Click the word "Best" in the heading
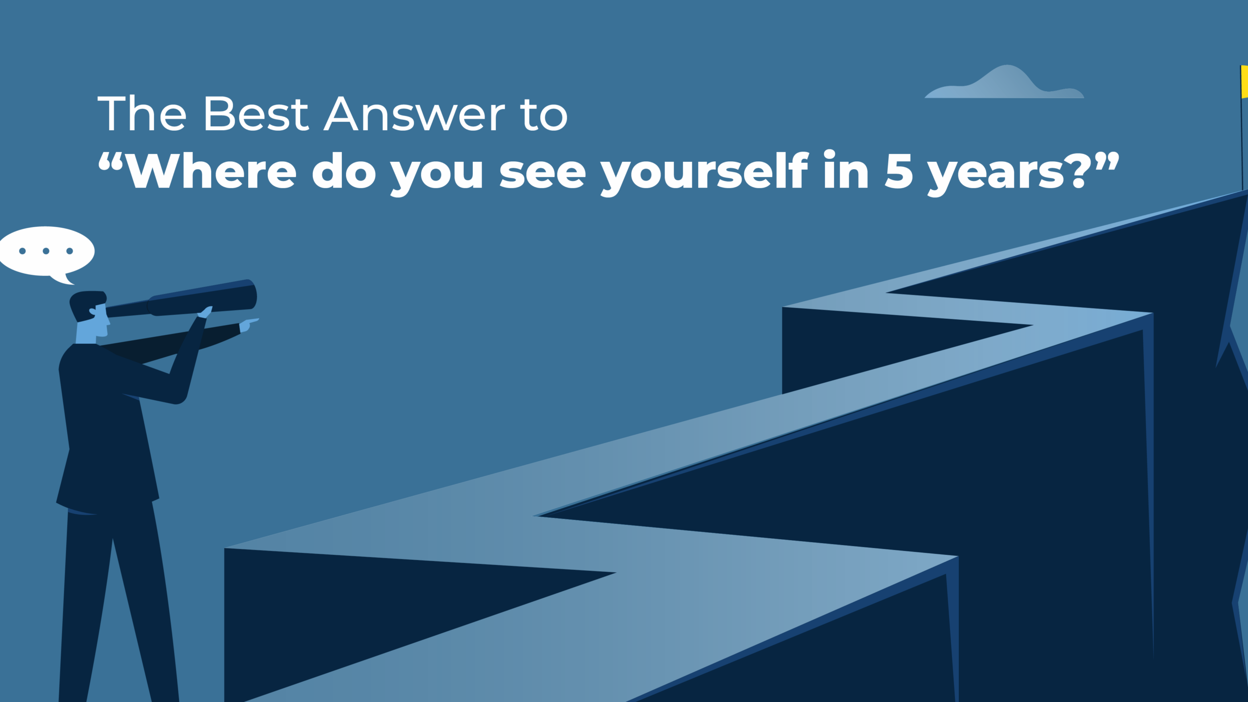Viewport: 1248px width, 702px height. pyautogui.click(x=256, y=114)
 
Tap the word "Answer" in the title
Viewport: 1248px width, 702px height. pyautogui.click(x=414, y=114)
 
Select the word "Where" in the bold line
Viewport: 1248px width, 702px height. pyautogui.click(x=212, y=171)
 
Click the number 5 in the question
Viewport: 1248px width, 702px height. pyautogui.click(x=898, y=171)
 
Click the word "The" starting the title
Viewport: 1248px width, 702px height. pyautogui.click(x=142, y=114)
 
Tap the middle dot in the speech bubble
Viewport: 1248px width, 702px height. pyautogui.click(x=46, y=251)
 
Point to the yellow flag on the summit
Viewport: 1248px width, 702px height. pyautogui.click(x=1245, y=81)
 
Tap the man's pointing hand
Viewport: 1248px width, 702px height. pyautogui.click(x=248, y=325)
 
